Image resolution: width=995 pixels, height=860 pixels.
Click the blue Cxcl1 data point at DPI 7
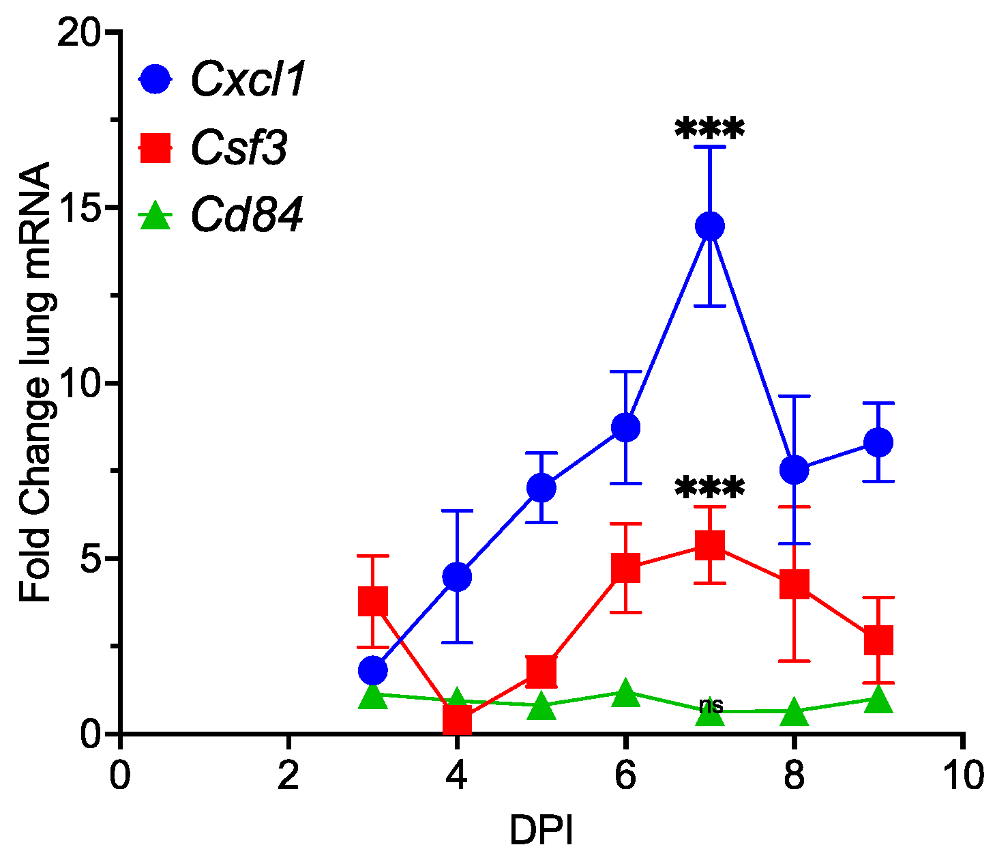[x=710, y=226]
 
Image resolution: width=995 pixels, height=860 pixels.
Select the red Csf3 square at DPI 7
[x=710, y=545]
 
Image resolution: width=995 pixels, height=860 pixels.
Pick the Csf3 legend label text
[x=239, y=148]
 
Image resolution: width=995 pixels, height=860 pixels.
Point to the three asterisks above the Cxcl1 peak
[x=710, y=130]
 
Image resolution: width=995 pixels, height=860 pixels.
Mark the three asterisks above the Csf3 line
[x=710, y=488]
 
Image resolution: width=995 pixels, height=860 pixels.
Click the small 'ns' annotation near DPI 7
[x=711, y=705]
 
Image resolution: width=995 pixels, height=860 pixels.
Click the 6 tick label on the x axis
[x=625, y=777]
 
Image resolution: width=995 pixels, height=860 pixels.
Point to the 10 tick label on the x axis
[x=962, y=777]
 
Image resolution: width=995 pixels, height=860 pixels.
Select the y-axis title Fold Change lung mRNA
[x=35, y=382]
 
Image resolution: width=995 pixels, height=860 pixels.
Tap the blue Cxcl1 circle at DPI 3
[x=372, y=670]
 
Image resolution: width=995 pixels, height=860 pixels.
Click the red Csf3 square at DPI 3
[x=372, y=601]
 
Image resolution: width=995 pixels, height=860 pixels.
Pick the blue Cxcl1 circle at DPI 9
[x=878, y=442]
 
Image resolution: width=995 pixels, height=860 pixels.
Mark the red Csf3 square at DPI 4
[x=457, y=719]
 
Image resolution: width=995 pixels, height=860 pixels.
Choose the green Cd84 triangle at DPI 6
[x=625, y=694]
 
